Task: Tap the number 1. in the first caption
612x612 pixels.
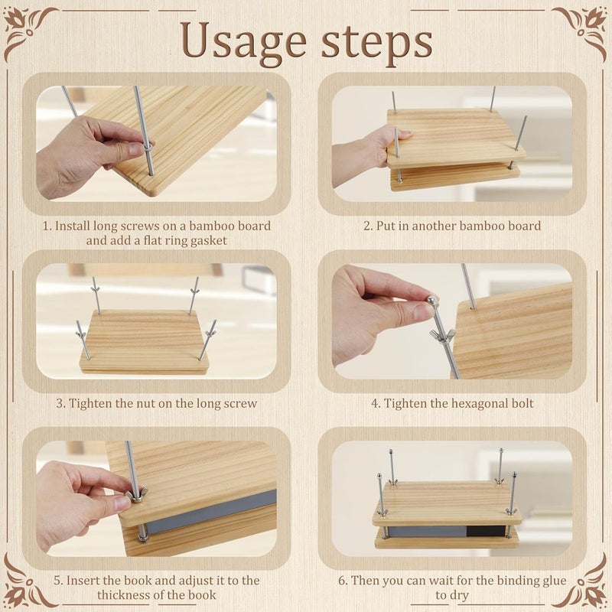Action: coord(47,226)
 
